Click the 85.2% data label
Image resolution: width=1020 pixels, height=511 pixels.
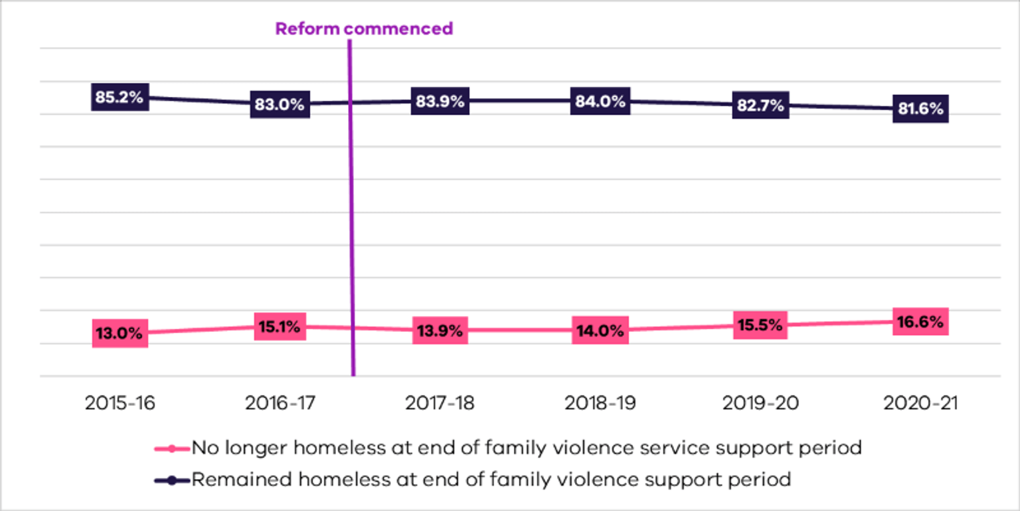pyautogui.click(x=120, y=97)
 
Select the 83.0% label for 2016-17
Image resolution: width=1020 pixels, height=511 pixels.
pyautogui.click(x=280, y=104)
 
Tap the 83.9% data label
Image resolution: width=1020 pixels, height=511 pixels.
pyautogui.click(x=440, y=101)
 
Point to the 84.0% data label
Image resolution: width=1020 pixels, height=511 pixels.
pyautogui.click(x=600, y=101)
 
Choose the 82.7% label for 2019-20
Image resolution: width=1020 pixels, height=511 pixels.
pyautogui.click(x=760, y=105)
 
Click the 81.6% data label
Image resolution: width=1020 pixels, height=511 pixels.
pyautogui.click(x=920, y=109)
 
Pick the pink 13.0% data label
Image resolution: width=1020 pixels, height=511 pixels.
pyautogui.click(x=120, y=333)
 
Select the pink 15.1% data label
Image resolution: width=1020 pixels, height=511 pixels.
pyautogui.click(x=280, y=326)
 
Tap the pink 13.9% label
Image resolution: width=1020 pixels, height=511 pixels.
pyautogui.click(x=440, y=330)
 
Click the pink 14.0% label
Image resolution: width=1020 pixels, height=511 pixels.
pyautogui.click(x=600, y=330)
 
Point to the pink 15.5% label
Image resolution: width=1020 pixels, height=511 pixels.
pyautogui.click(x=760, y=325)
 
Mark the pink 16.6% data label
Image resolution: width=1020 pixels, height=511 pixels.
pyautogui.click(x=920, y=322)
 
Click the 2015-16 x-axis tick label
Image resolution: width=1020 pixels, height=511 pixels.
pyautogui.click(x=120, y=403)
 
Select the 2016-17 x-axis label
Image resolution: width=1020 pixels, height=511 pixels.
pyautogui.click(x=280, y=403)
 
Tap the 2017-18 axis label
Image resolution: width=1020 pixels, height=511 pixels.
pyautogui.click(x=440, y=403)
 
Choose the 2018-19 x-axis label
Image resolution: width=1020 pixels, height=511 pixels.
pyautogui.click(x=600, y=403)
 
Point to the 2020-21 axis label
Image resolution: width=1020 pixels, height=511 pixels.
pyautogui.click(x=920, y=403)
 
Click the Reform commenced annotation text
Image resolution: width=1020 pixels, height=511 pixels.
pyautogui.click(x=364, y=29)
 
